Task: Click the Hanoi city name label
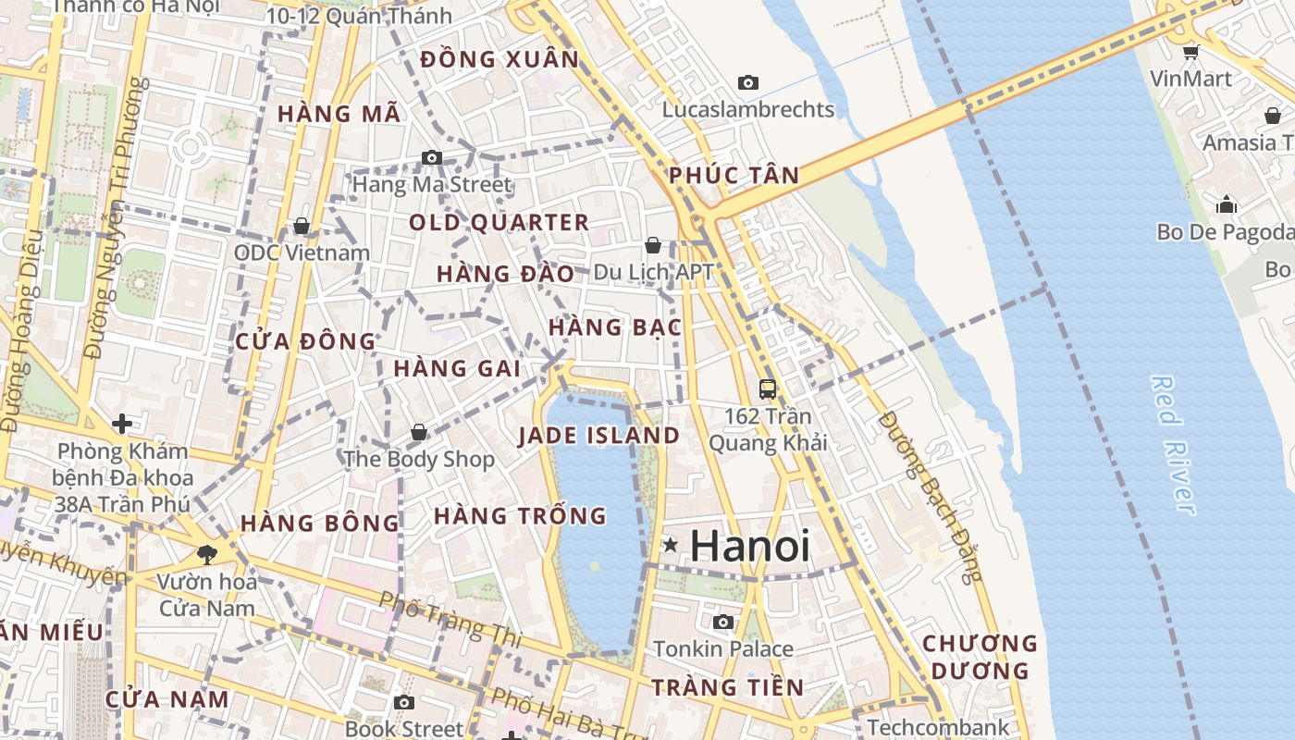pyautogui.click(x=750, y=546)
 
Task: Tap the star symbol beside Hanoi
pyautogui.click(x=671, y=546)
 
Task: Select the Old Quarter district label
pyautogui.click(x=499, y=223)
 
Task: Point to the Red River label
pyautogui.click(x=1172, y=444)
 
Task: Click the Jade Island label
pyautogui.click(x=598, y=436)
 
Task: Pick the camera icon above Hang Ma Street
pyautogui.click(x=432, y=158)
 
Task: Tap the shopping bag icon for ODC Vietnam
pyautogui.click(x=301, y=227)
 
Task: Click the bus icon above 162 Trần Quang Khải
pyautogui.click(x=767, y=389)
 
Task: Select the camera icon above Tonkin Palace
pyautogui.click(x=723, y=622)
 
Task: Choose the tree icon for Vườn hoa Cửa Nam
pyautogui.click(x=206, y=555)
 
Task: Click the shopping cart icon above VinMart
pyautogui.click(x=1191, y=52)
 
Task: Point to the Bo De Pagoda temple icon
pyautogui.click(x=1227, y=204)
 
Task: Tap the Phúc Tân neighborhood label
pyautogui.click(x=734, y=176)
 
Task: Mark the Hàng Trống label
pyautogui.click(x=520, y=515)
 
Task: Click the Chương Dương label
pyautogui.click(x=980, y=657)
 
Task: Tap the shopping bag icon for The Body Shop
pyautogui.click(x=419, y=432)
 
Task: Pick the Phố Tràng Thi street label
pyautogui.click(x=450, y=617)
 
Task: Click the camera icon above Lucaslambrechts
pyautogui.click(x=748, y=83)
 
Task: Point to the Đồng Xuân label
pyautogui.click(x=499, y=60)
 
